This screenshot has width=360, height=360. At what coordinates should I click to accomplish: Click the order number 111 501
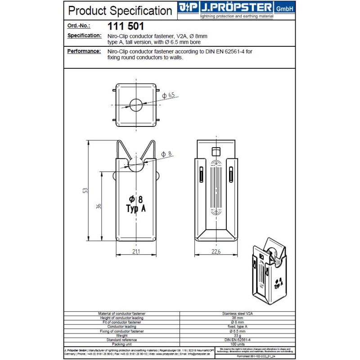(x=126, y=26)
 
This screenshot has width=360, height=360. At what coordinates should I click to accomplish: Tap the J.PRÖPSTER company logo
(x=236, y=8)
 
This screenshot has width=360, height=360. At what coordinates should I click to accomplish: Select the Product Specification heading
(x=120, y=10)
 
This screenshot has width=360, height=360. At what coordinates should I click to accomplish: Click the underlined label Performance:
(x=84, y=51)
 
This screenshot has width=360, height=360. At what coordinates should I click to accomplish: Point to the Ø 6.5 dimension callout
(x=168, y=95)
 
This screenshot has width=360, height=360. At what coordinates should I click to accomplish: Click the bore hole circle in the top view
(x=136, y=105)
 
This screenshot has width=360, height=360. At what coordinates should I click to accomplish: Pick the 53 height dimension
(x=85, y=190)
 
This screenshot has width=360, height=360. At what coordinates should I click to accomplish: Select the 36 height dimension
(x=99, y=206)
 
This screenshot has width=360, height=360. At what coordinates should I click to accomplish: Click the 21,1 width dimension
(x=136, y=252)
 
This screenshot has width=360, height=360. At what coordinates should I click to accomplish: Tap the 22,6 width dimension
(x=216, y=252)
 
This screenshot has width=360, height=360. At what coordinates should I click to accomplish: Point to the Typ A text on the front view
(x=135, y=209)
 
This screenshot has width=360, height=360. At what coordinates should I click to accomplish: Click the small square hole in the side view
(x=216, y=151)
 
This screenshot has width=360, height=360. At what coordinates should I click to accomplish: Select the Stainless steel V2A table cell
(x=237, y=314)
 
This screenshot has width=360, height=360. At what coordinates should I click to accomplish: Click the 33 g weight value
(x=237, y=335)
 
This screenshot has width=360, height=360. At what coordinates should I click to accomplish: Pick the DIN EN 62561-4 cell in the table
(x=237, y=340)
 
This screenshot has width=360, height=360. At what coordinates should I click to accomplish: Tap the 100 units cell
(x=237, y=344)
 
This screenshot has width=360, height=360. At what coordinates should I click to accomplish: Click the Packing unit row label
(x=121, y=344)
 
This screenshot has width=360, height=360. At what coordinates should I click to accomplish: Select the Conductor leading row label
(x=121, y=327)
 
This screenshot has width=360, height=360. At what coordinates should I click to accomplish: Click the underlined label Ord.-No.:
(x=79, y=26)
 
